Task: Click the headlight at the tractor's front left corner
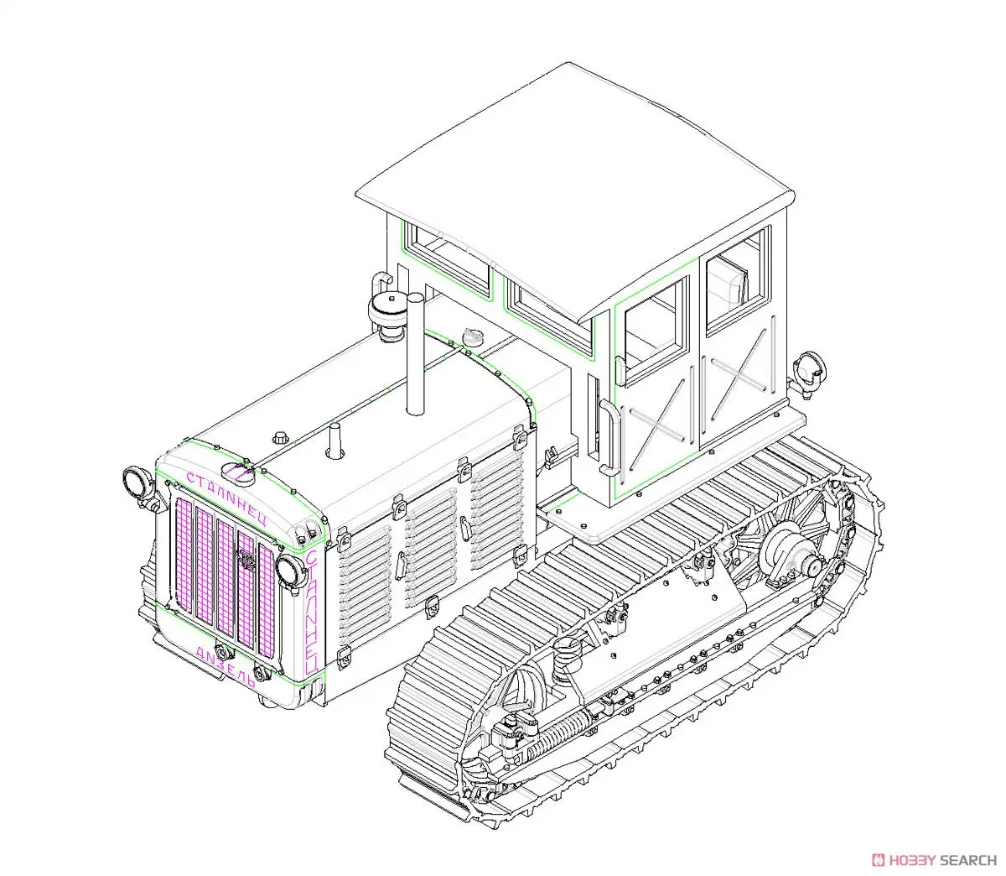click(134, 482)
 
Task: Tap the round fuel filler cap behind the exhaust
click(473, 337)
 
